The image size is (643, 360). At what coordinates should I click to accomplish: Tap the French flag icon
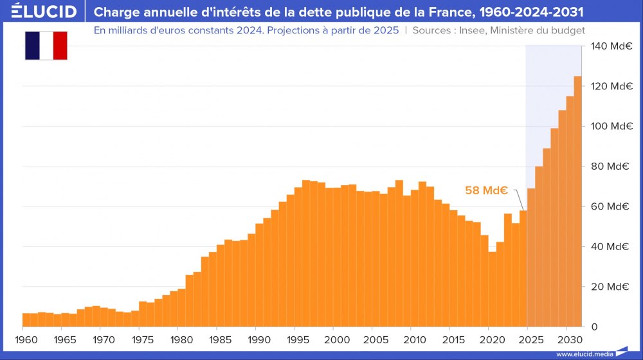tap(46, 45)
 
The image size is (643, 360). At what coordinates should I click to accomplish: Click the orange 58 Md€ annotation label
tap(487, 190)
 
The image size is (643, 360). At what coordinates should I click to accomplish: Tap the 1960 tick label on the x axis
tap(23, 339)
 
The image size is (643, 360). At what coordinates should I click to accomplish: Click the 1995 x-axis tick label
tap(295, 339)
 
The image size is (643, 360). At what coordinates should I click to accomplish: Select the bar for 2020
tap(493, 289)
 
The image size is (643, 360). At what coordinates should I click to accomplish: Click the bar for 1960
tap(26, 319)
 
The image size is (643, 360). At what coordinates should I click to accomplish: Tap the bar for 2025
tap(531, 257)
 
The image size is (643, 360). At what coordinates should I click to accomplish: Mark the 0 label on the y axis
tap(595, 327)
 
